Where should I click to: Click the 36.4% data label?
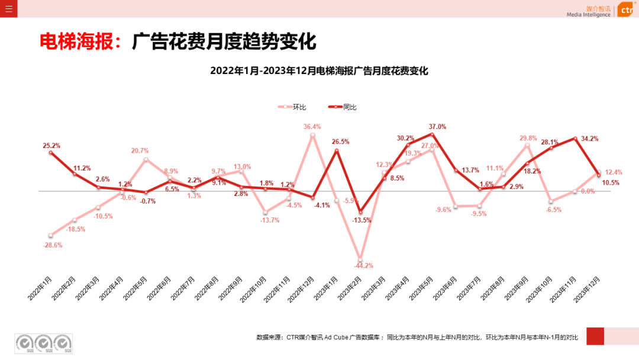click(x=312, y=127)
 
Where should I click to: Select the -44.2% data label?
click(x=364, y=266)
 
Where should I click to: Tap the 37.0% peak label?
click(x=437, y=127)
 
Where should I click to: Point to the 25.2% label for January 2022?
click(x=51, y=146)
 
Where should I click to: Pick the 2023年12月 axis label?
click(x=587, y=288)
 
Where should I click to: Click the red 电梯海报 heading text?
click(x=79, y=42)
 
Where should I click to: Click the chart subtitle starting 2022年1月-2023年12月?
click(x=319, y=71)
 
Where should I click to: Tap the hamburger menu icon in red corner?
click(x=8, y=9)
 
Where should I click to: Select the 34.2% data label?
click(x=589, y=139)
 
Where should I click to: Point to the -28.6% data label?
click(x=53, y=245)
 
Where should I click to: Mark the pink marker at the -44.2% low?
click(x=360, y=258)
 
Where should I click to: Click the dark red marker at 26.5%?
click(x=337, y=150)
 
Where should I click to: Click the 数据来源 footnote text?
click(x=417, y=337)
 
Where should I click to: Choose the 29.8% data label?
click(x=528, y=138)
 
